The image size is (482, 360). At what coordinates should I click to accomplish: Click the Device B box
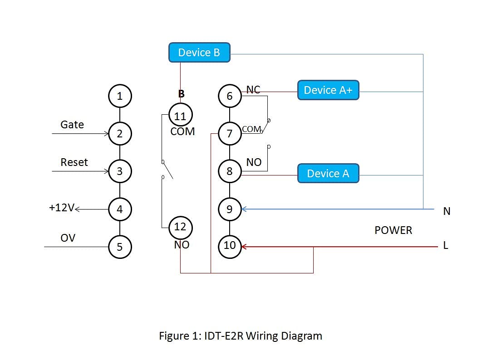point(199,53)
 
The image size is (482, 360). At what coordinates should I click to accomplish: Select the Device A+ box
point(328,90)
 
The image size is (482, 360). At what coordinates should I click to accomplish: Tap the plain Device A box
point(328,173)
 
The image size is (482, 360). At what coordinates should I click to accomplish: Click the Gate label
point(72,125)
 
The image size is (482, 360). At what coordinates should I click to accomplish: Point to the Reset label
point(74,162)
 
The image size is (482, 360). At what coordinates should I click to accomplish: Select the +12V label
point(61,208)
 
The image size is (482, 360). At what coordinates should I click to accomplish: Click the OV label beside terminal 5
point(68,238)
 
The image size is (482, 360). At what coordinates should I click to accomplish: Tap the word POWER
point(393,230)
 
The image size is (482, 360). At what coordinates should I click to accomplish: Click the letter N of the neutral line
point(447,211)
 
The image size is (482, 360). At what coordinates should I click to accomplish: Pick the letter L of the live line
point(446,245)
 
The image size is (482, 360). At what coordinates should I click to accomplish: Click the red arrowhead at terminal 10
point(244,247)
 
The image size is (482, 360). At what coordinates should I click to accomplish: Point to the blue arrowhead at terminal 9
point(244,209)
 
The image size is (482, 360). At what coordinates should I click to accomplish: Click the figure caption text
point(241,336)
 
